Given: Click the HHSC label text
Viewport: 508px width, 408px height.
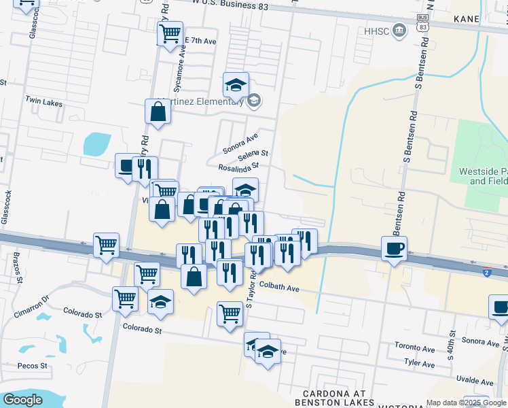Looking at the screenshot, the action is [377, 31].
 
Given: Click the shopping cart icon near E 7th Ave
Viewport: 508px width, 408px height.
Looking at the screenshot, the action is [170, 32].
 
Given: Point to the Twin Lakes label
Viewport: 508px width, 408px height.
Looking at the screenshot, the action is [43, 103].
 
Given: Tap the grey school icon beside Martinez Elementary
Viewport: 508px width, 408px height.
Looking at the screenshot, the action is [254, 101].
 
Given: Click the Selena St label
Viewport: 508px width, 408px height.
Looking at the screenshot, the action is [253, 154].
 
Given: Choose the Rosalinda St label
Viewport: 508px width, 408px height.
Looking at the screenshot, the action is [239, 166].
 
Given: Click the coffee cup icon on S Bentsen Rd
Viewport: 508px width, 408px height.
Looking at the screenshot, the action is [394, 248].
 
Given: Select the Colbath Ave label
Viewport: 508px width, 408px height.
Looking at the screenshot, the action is [278, 288].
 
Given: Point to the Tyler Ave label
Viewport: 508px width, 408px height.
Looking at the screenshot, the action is [419, 364].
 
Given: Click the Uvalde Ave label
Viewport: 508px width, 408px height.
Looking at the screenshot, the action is [474, 381].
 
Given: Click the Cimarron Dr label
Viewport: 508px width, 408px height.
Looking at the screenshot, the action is [32, 307].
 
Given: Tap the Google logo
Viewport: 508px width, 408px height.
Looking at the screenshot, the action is [22, 400].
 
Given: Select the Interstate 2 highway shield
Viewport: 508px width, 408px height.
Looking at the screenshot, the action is [487, 272].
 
